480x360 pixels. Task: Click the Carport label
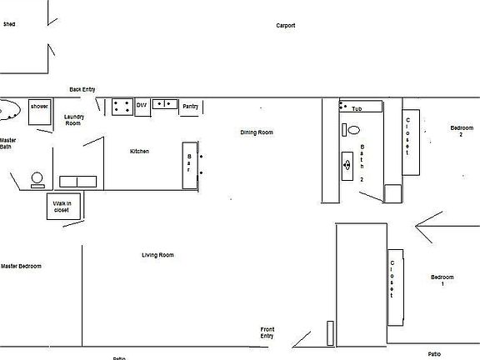pos(286,26)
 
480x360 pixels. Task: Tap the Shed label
pos(9,25)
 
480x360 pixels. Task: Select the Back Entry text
pos(82,88)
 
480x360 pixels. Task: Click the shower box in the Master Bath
pos(39,112)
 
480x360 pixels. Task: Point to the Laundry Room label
pos(73,120)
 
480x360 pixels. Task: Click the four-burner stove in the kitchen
pos(122,105)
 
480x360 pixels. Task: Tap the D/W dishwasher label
pos(142,105)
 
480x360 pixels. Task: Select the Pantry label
pos(190,106)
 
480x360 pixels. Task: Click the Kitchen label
pos(139,151)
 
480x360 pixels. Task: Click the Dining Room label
pos(257,132)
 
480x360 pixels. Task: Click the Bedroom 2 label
pos(462,131)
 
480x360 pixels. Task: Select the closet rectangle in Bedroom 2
pos(411,142)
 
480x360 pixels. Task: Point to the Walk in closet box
pos(63,206)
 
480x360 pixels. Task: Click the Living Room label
pos(157,255)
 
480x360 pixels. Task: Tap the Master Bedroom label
pos(21,267)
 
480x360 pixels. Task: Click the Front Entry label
pos(267,332)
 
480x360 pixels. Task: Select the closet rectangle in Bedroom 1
pos(395,286)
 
